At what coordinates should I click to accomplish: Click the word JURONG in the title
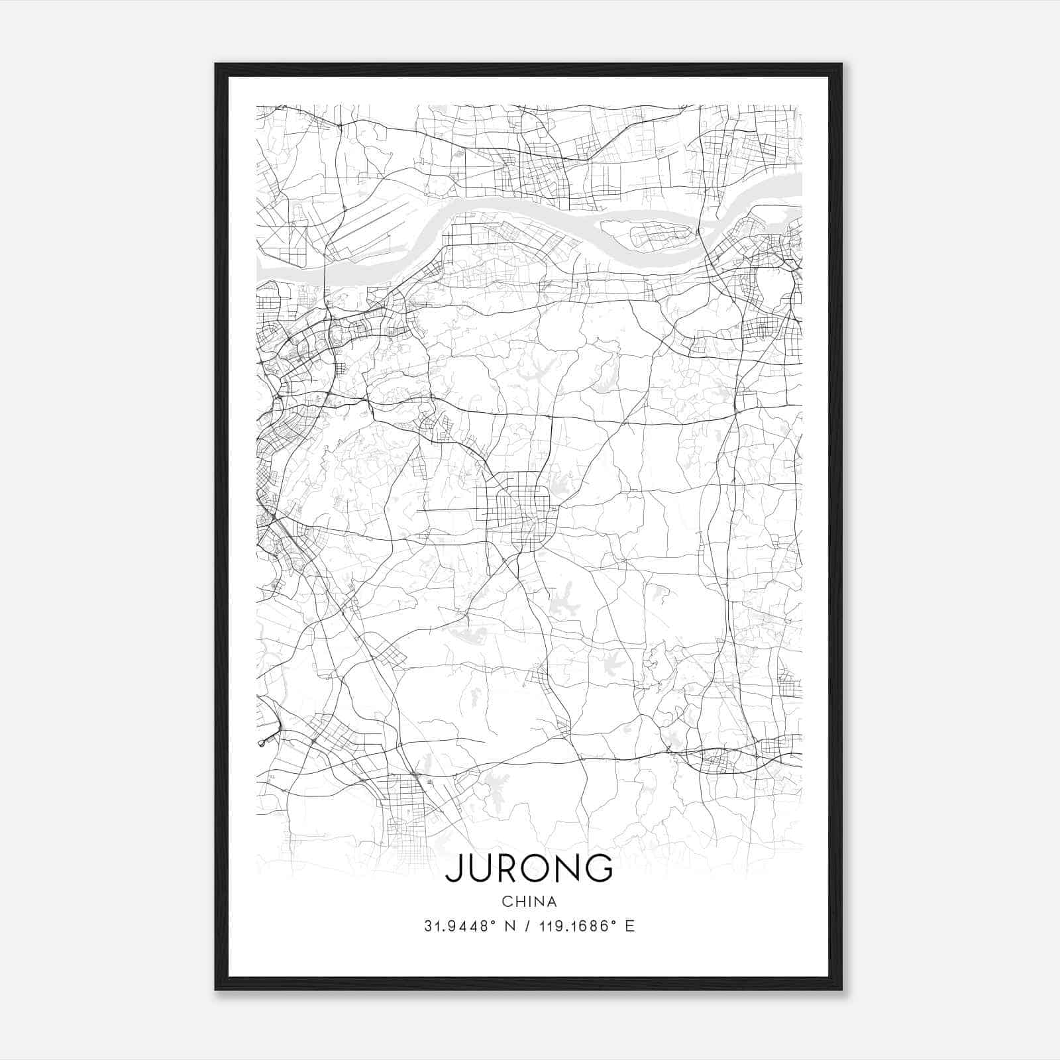[529, 868]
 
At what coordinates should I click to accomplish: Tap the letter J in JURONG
[454, 868]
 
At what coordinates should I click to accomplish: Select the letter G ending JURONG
[598, 868]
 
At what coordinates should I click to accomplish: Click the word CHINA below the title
[529, 902]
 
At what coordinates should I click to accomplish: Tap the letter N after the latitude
[510, 926]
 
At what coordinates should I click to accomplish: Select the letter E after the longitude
[630, 926]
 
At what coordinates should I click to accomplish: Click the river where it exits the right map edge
[797, 184]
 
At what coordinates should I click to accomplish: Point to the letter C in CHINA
[507, 902]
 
